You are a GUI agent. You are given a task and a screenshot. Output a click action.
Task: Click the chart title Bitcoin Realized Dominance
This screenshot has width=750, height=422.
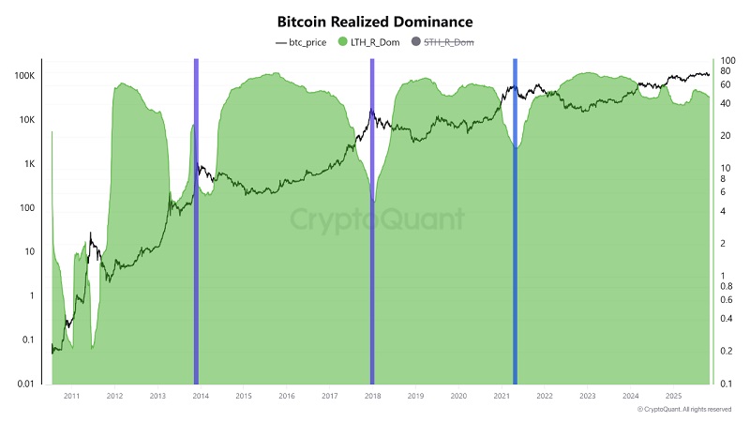tap(375, 20)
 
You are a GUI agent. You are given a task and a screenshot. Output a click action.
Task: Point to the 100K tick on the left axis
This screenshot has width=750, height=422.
tap(22, 76)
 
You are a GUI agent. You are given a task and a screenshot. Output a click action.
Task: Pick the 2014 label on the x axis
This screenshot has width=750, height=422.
tap(201, 397)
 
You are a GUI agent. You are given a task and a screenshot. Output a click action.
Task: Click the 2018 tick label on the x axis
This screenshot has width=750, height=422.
tap(372, 397)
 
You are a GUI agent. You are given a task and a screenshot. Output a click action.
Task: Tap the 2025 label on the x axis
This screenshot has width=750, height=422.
tap(673, 397)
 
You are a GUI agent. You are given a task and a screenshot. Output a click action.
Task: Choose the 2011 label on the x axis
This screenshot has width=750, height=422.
tap(71, 397)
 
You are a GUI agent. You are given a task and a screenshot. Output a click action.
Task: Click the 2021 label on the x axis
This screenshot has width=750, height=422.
tap(502, 397)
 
